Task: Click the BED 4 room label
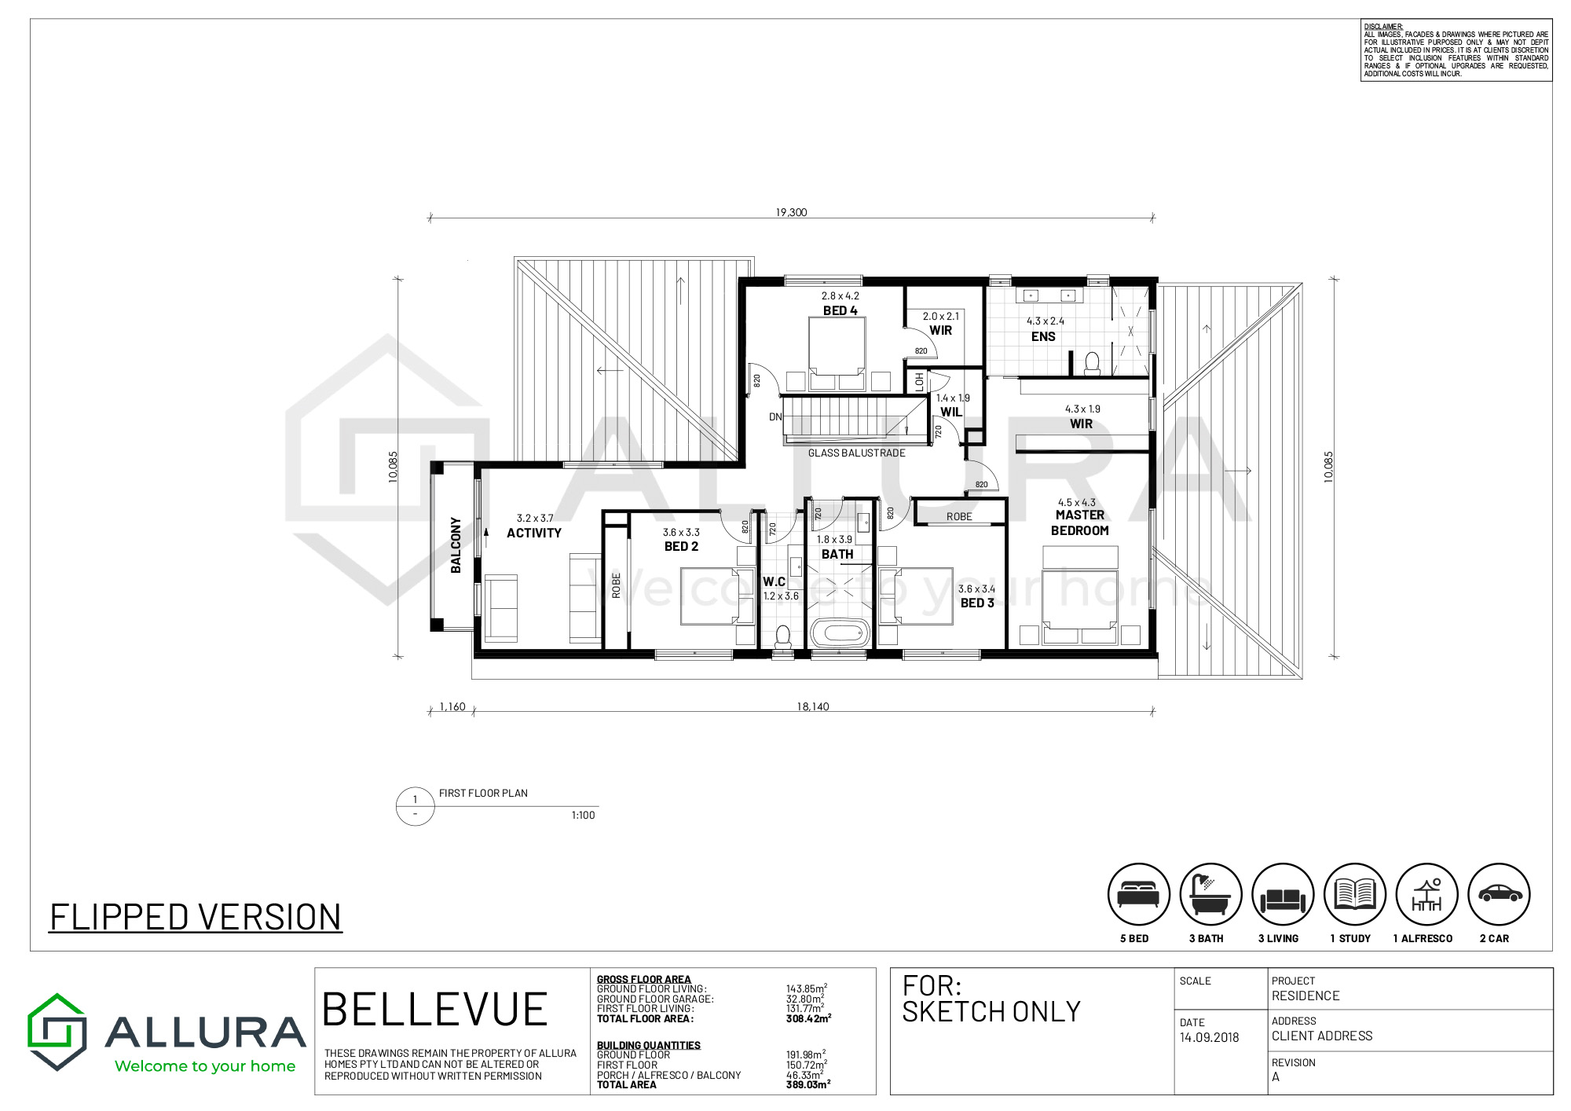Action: [x=840, y=310]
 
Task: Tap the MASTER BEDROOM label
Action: [x=1080, y=522]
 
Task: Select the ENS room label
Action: [x=1043, y=336]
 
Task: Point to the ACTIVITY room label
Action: [x=534, y=533]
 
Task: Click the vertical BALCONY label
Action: [x=456, y=544]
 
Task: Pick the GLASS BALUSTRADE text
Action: [x=857, y=453]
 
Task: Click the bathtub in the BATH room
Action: [x=840, y=632]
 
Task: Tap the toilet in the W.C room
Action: [x=783, y=636]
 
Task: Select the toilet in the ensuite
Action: [x=1092, y=363]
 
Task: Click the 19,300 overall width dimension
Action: [x=791, y=212]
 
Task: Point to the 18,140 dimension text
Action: [x=813, y=706]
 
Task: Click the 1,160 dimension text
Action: [x=452, y=706]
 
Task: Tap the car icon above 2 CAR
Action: [x=1500, y=894]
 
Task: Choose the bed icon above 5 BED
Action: [x=1138, y=895]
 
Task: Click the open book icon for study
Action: [x=1355, y=894]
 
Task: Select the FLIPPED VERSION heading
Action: [x=196, y=917]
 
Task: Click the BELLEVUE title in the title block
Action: [x=434, y=1010]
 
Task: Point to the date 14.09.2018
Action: [x=1209, y=1037]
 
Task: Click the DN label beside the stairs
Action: [x=775, y=417]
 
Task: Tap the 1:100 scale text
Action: [x=583, y=816]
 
